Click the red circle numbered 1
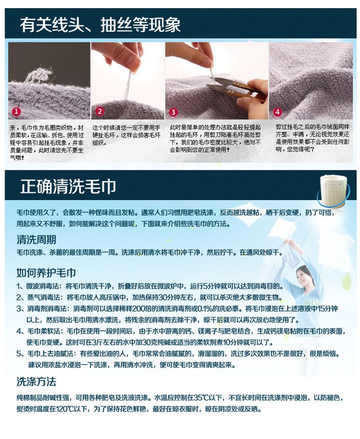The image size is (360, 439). pos(16,111)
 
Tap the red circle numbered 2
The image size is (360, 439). pos(100,111)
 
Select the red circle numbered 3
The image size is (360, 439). pos(173,112)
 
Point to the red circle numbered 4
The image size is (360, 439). pos(277,112)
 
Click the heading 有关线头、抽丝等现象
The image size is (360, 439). pos(100,24)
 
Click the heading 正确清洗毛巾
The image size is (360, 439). pos(68,187)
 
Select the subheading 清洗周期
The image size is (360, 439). pos(36,240)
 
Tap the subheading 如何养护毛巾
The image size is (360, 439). pos(46,273)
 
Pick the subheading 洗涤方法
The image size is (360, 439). pos(36,381)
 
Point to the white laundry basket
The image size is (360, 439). pos(334,191)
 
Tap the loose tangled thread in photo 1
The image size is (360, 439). pos(39,75)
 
